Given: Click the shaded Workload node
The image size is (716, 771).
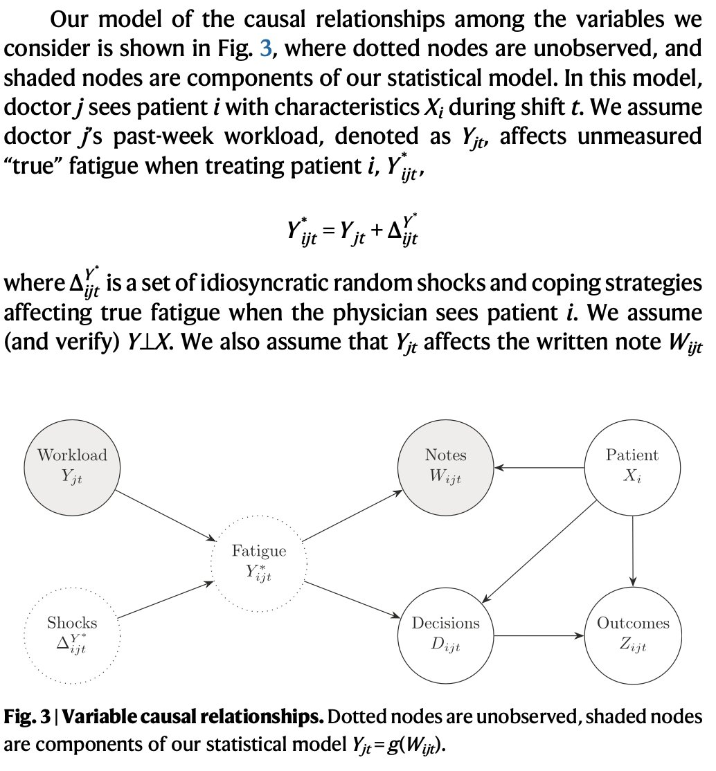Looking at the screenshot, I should pyautogui.click(x=72, y=466).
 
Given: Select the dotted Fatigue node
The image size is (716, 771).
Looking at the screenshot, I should pyautogui.click(x=258, y=561).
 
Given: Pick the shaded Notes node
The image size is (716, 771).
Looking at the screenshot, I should pyautogui.click(x=445, y=466).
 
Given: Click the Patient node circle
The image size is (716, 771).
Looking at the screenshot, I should pyautogui.click(x=632, y=466).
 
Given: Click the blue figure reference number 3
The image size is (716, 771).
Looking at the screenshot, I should pyautogui.click(x=265, y=48).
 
